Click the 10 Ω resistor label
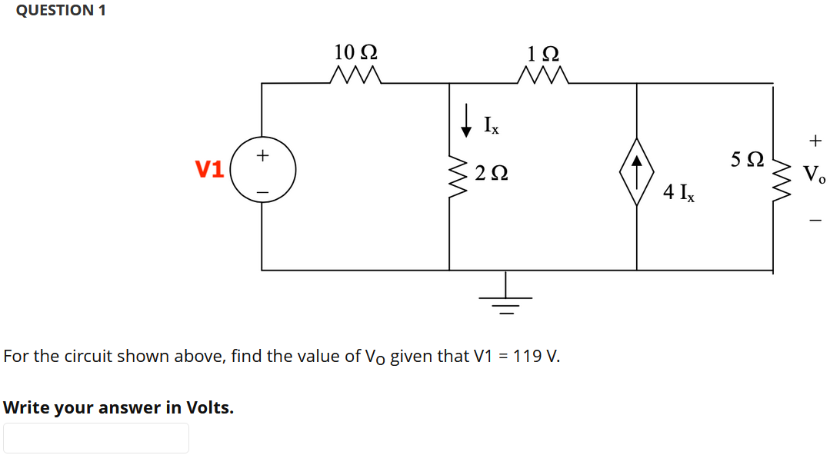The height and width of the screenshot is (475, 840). click(x=355, y=52)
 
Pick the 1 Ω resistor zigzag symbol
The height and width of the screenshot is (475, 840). click(x=544, y=75)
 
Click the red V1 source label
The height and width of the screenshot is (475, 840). click(x=209, y=169)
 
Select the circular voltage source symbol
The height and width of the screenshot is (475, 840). click(x=262, y=170)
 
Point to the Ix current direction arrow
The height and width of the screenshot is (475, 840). click(x=465, y=121)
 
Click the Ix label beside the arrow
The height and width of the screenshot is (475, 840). click(x=490, y=124)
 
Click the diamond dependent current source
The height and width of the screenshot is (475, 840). click(x=637, y=171)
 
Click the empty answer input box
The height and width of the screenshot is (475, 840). click(x=96, y=438)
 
